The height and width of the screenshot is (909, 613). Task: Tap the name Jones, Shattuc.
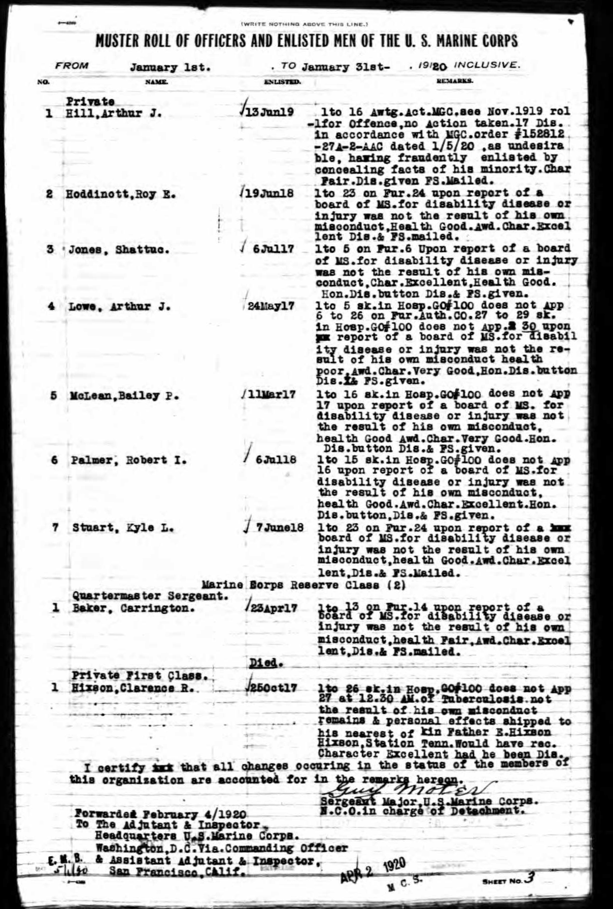coord(119,250)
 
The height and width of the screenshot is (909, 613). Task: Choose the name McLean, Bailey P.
coord(122,396)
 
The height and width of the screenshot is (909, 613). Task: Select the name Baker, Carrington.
coord(131,608)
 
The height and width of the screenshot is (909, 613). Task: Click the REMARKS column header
coord(454,81)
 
